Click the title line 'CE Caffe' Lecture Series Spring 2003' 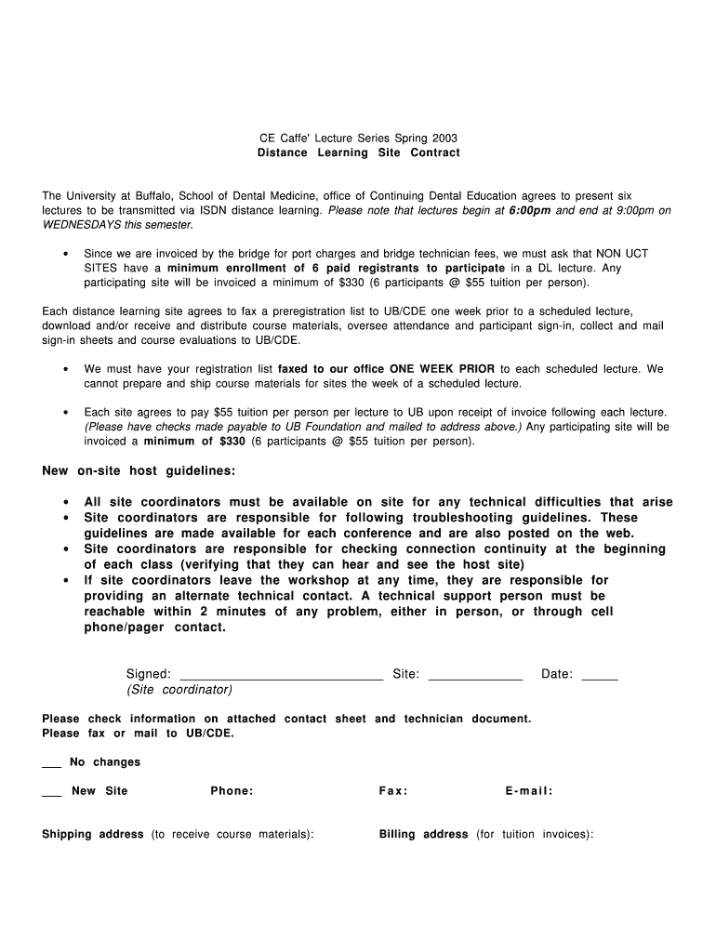pyautogui.click(x=358, y=138)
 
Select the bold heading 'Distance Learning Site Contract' pyautogui.click(x=358, y=152)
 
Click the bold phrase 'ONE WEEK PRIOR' pyautogui.click(x=443, y=369)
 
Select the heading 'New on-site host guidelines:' pyautogui.click(x=139, y=471)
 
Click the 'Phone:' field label pyautogui.click(x=232, y=791)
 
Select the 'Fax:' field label pyautogui.click(x=393, y=791)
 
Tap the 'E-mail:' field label pyautogui.click(x=529, y=791)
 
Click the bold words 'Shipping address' pyautogui.click(x=93, y=835)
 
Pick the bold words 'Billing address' pyautogui.click(x=423, y=835)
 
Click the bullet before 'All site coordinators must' pyautogui.click(x=66, y=503)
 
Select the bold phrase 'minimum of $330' pyautogui.click(x=193, y=442)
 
